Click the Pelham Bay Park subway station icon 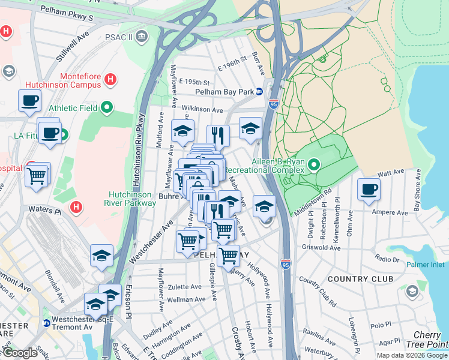point(259,92)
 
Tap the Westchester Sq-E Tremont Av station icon point(47,323)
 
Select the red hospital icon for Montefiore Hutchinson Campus point(110,79)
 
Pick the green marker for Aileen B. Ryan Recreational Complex point(313,164)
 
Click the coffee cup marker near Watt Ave point(369,190)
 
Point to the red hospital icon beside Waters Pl point(76,208)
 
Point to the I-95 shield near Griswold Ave point(286,263)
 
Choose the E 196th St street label point(232,59)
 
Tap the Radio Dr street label point(387,259)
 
